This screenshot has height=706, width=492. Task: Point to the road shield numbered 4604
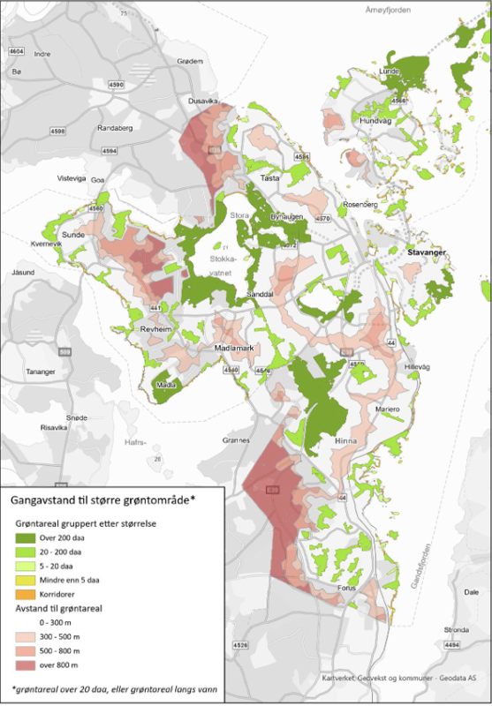point(15,52)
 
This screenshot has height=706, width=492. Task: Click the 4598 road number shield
point(58,131)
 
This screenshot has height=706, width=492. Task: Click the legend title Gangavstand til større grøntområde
point(102,499)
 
